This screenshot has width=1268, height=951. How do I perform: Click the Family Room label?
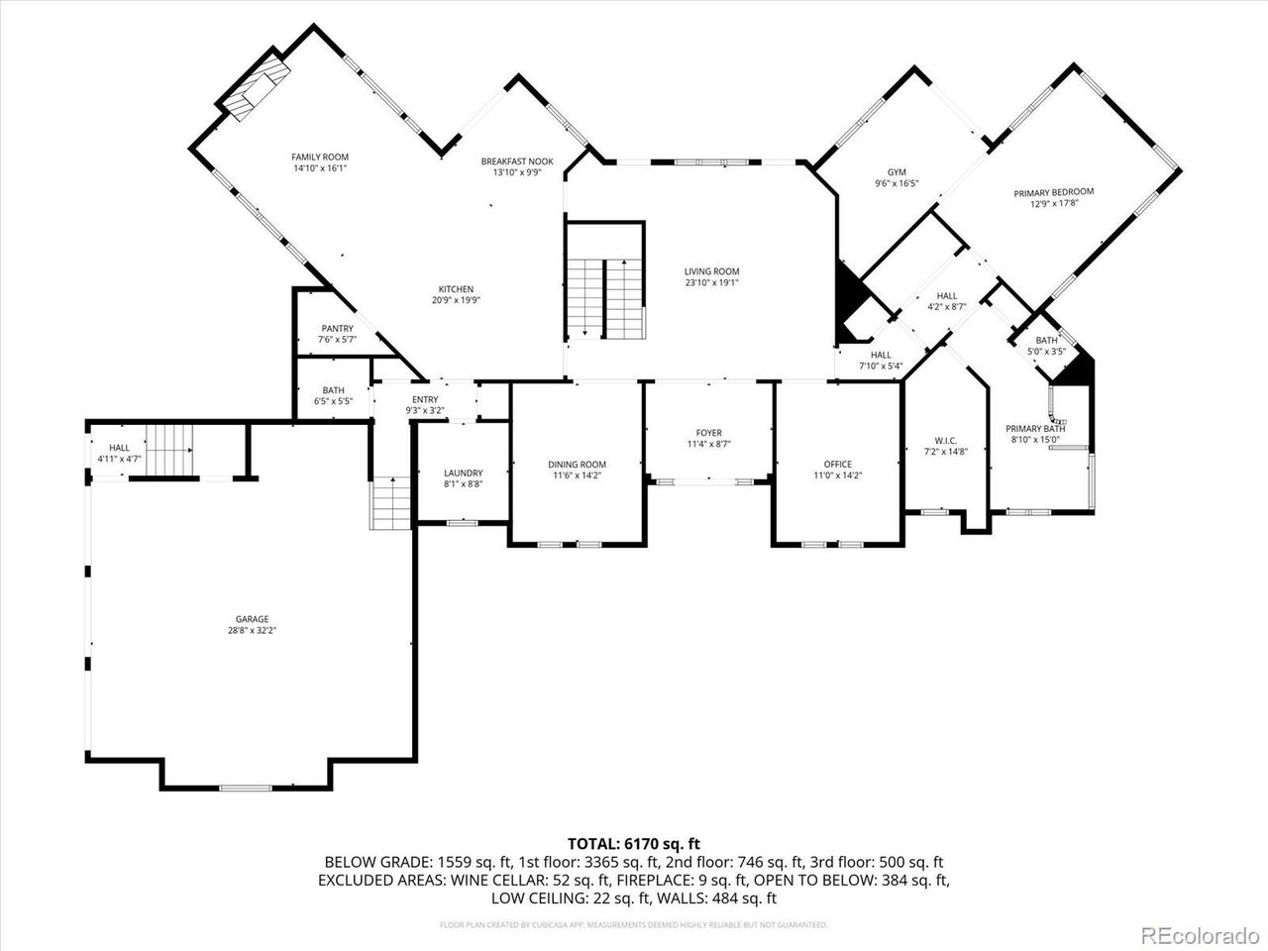click(320, 157)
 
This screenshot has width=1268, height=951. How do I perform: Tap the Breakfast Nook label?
click(517, 161)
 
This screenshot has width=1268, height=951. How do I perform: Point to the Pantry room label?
click(337, 329)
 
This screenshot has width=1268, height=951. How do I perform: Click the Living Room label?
click(711, 271)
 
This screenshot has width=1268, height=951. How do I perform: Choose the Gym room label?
click(897, 172)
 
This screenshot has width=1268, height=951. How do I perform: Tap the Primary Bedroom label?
click(1053, 192)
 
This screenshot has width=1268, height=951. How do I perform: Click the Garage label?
click(252, 619)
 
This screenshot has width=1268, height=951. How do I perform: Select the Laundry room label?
click(463, 473)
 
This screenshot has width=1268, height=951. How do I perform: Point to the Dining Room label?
click(577, 465)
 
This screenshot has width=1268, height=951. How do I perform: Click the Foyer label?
click(708, 433)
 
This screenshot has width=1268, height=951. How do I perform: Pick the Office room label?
click(837, 465)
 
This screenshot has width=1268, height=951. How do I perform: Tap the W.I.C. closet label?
click(945, 441)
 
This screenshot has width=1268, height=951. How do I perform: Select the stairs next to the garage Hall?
click(169, 450)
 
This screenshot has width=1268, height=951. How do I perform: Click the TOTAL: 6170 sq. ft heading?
click(634, 843)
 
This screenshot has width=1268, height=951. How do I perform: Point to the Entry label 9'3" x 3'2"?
click(425, 399)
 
